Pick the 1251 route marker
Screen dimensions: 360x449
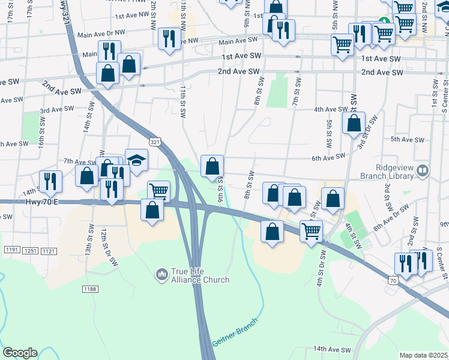(29, 250)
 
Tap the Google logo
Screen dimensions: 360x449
(20, 353)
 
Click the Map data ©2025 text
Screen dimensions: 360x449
(423, 355)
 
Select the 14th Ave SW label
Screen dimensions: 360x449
(331, 349)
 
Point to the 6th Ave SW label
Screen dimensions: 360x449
(327, 157)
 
